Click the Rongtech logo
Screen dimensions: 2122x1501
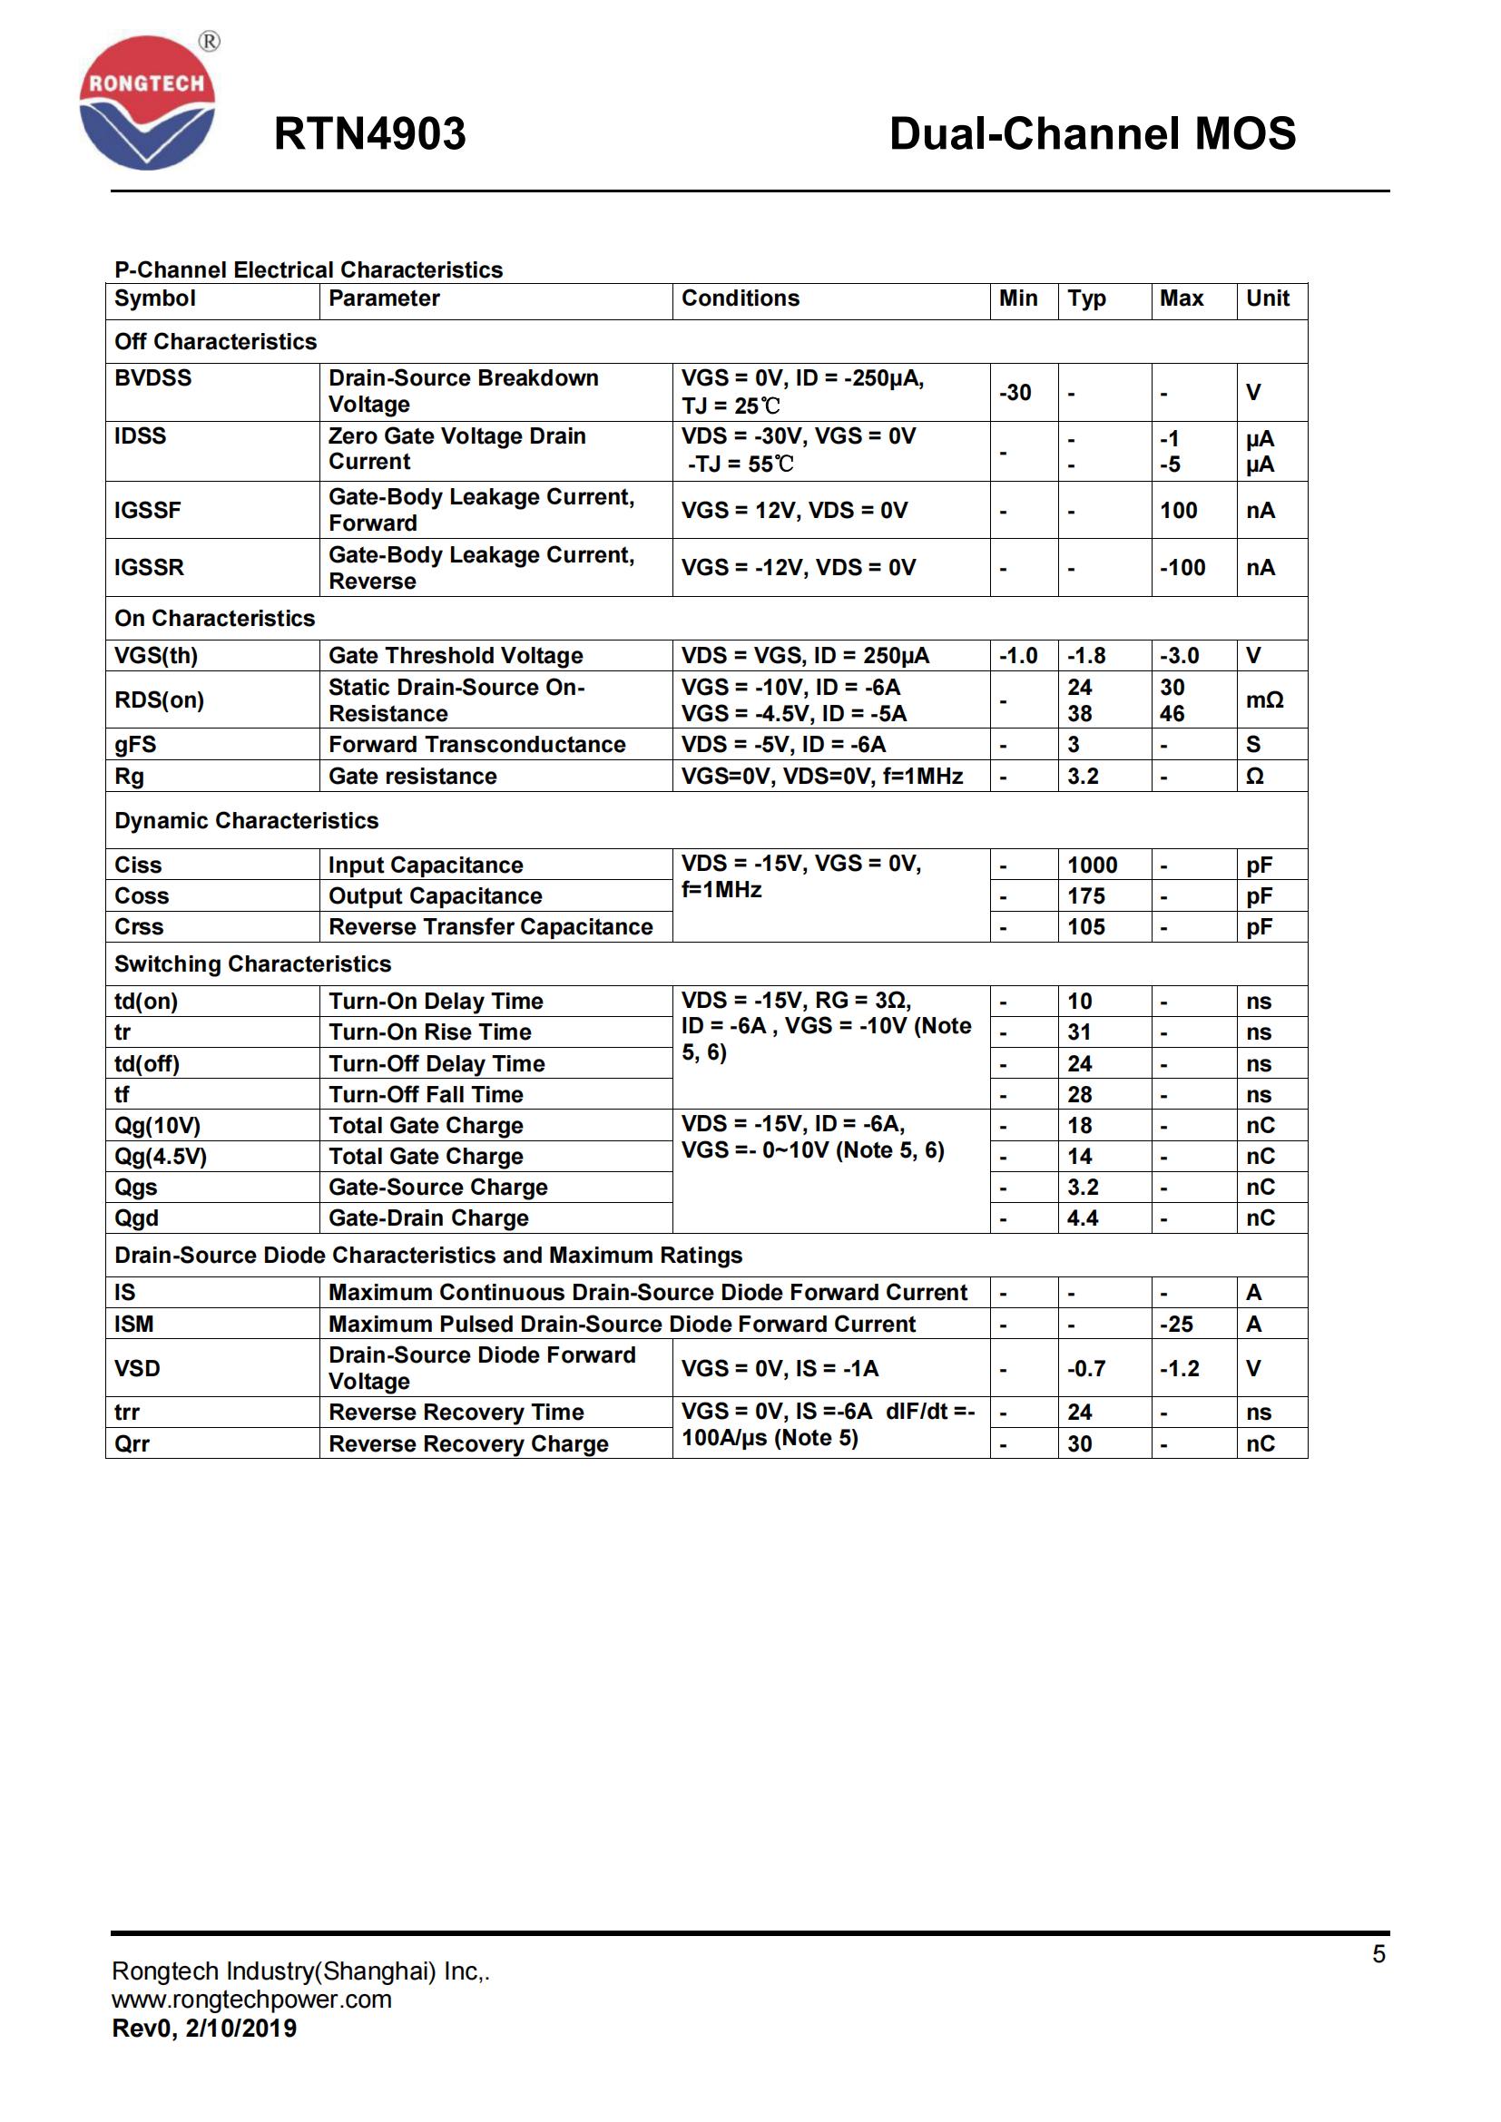[148, 103]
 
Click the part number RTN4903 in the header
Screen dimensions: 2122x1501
[369, 134]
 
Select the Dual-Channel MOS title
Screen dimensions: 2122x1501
[1092, 134]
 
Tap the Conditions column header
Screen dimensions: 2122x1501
[741, 298]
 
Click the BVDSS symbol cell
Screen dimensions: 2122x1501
[153, 378]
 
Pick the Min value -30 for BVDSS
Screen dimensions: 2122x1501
[1015, 393]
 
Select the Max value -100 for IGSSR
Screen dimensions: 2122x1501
[1182, 567]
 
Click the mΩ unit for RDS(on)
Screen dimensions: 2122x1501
[1264, 700]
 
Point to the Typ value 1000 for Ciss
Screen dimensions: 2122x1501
[1093, 865]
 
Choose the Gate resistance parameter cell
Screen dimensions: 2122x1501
[413, 777]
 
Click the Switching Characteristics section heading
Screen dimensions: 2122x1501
[252, 964]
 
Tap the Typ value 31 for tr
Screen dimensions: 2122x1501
[1080, 1032]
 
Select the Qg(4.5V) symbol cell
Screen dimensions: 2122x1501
[161, 1156]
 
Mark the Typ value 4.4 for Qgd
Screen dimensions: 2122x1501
[1083, 1218]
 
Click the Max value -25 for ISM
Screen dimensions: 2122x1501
[1177, 1325]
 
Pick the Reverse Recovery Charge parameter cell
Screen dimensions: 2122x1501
[468, 1443]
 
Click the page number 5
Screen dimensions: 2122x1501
[1378, 1954]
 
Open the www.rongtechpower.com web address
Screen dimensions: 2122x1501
[251, 2000]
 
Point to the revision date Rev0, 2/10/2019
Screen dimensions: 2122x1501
[204, 2029]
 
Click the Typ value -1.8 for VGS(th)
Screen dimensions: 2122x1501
[1086, 656]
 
